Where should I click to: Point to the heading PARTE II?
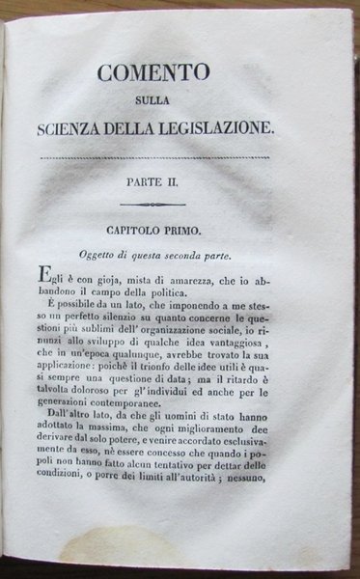(190, 179)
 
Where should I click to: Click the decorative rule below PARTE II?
(190, 205)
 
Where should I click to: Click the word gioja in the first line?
(128, 277)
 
